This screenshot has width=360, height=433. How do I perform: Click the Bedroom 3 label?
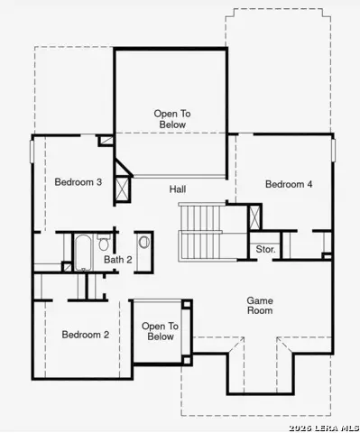(x=78, y=182)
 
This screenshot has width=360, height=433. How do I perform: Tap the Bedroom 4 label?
(x=289, y=184)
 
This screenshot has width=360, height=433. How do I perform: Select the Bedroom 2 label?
(x=85, y=335)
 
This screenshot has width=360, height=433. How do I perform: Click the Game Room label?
(x=260, y=306)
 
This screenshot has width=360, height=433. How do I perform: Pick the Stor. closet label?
(x=265, y=249)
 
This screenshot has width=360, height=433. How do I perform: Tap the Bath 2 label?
(x=117, y=260)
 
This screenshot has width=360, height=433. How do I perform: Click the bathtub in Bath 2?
(x=82, y=252)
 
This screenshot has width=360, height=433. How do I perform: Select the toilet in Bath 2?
(x=105, y=244)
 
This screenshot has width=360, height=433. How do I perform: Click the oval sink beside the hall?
(x=144, y=242)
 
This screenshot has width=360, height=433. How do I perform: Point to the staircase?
(x=200, y=231)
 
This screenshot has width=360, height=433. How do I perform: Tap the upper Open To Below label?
(x=171, y=119)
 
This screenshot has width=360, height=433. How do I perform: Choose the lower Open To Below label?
(x=160, y=331)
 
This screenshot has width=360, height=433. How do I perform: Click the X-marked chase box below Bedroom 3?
(x=123, y=188)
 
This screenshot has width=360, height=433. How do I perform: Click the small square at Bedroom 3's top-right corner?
(x=106, y=141)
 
